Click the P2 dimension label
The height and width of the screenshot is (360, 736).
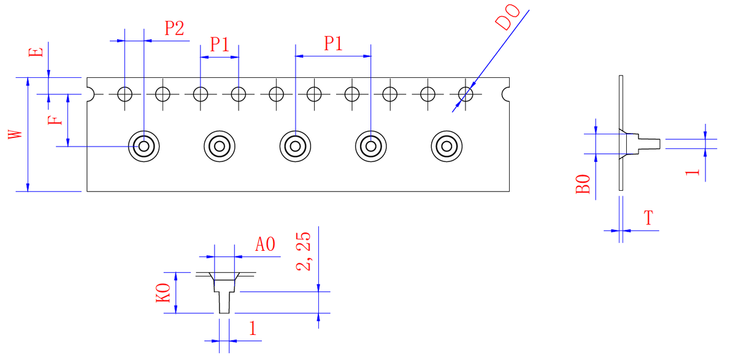click(x=174, y=28)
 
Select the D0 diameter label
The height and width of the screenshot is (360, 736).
click(x=508, y=17)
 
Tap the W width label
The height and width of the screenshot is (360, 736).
click(x=15, y=134)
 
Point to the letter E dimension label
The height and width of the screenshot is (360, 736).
click(x=36, y=52)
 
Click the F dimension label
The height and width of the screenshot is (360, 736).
click(x=55, y=120)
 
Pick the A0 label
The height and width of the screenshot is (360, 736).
click(x=265, y=244)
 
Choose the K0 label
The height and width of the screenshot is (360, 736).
click(x=163, y=293)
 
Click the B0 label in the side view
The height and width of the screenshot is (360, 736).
click(x=583, y=184)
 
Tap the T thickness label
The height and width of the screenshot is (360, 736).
click(x=648, y=218)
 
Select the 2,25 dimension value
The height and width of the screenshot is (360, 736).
click(x=303, y=251)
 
